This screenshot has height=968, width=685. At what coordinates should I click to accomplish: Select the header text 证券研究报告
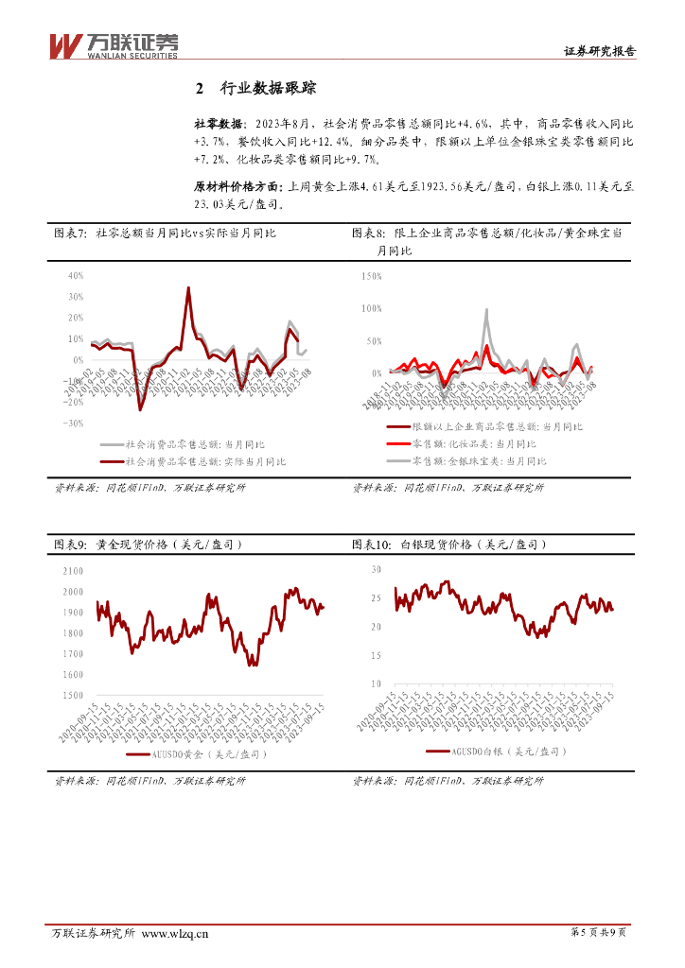click(599, 51)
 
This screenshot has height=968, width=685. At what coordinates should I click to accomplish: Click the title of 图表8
click(486, 240)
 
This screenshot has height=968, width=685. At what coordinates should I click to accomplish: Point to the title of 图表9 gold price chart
click(146, 544)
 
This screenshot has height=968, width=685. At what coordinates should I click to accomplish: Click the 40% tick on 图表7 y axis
click(76, 276)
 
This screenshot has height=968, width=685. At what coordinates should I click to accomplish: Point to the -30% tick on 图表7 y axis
click(74, 423)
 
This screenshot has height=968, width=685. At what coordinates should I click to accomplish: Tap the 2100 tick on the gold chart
click(72, 571)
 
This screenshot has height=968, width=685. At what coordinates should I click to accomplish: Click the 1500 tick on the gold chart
click(72, 695)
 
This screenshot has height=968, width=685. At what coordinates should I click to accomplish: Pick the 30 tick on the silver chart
click(376, 570)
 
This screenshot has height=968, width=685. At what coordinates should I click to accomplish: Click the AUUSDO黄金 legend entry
click(197, 754)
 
